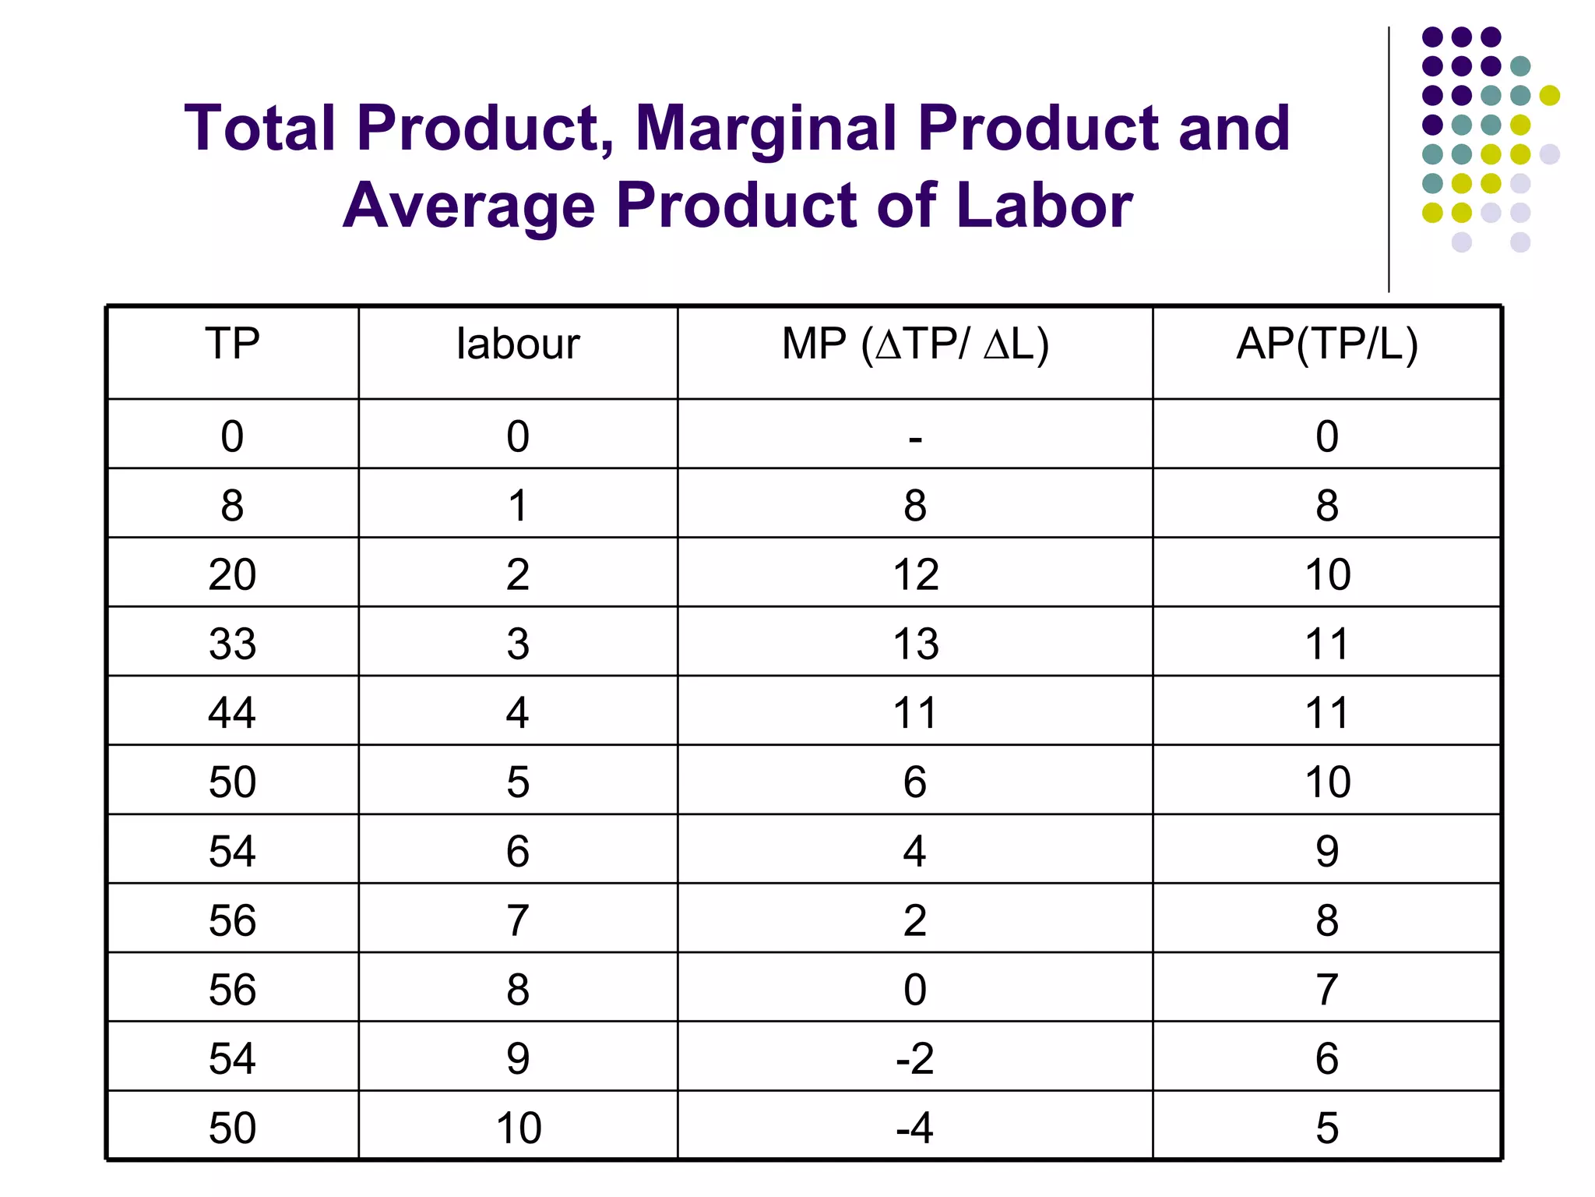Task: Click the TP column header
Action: pos(232,344)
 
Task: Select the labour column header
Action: pos(518,344)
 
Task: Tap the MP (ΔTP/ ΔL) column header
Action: pos(915,344)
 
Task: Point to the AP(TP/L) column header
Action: pos(1327,344)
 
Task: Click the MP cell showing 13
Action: pos(915,644)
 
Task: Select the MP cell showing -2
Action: pos(915,1058)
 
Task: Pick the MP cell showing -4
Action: pos(915,1128)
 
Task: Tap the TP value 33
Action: pos(232,644)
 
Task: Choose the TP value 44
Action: pos(232,712)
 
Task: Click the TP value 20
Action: pos(232,574)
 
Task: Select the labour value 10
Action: pos(518,1128)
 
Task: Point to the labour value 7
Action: pos(518,920)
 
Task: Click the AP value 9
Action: pos(1327,851)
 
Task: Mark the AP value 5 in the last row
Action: pos(1327,1128)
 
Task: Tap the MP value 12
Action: pos(915,574)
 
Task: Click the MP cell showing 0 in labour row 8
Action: pos(915,990)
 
